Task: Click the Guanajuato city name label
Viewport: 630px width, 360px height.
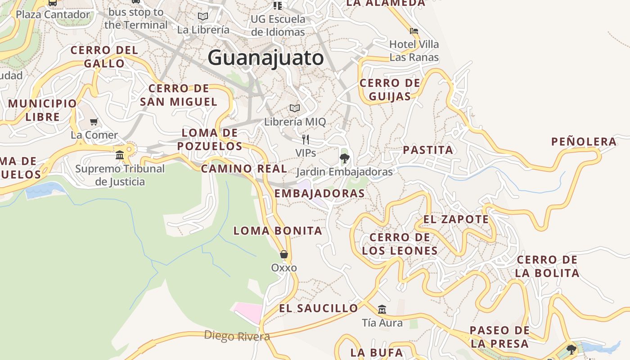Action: [265, 58]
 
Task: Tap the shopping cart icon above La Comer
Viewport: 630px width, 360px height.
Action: [94, 122]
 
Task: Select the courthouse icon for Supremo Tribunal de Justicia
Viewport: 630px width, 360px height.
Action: [120, 155]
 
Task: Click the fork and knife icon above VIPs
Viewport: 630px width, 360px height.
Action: [306, 139]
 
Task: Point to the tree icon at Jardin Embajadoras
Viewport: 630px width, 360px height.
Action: [345, 158]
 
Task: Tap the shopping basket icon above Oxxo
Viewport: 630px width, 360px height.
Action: [284, 254]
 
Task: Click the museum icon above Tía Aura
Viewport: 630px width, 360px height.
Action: [382, 309]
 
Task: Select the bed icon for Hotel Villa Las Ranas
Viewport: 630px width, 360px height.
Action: [414, 31]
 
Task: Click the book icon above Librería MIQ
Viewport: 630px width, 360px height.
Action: [295, 108]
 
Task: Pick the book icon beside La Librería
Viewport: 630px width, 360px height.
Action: [203, 17]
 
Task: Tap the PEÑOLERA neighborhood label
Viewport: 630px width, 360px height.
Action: [584, 142]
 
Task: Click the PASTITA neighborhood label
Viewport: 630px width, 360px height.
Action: [428, 150]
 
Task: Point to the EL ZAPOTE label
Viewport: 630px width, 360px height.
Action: [456, 220]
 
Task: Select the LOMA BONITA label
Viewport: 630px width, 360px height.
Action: [278, 231]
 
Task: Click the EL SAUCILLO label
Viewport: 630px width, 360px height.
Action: [319, 309]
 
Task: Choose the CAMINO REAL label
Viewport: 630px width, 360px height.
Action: [243, 169]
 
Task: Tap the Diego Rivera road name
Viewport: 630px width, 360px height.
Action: [237, 336]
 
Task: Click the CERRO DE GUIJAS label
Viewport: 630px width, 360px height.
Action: [390, 90]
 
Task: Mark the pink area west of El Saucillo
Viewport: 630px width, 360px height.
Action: [248, 311]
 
